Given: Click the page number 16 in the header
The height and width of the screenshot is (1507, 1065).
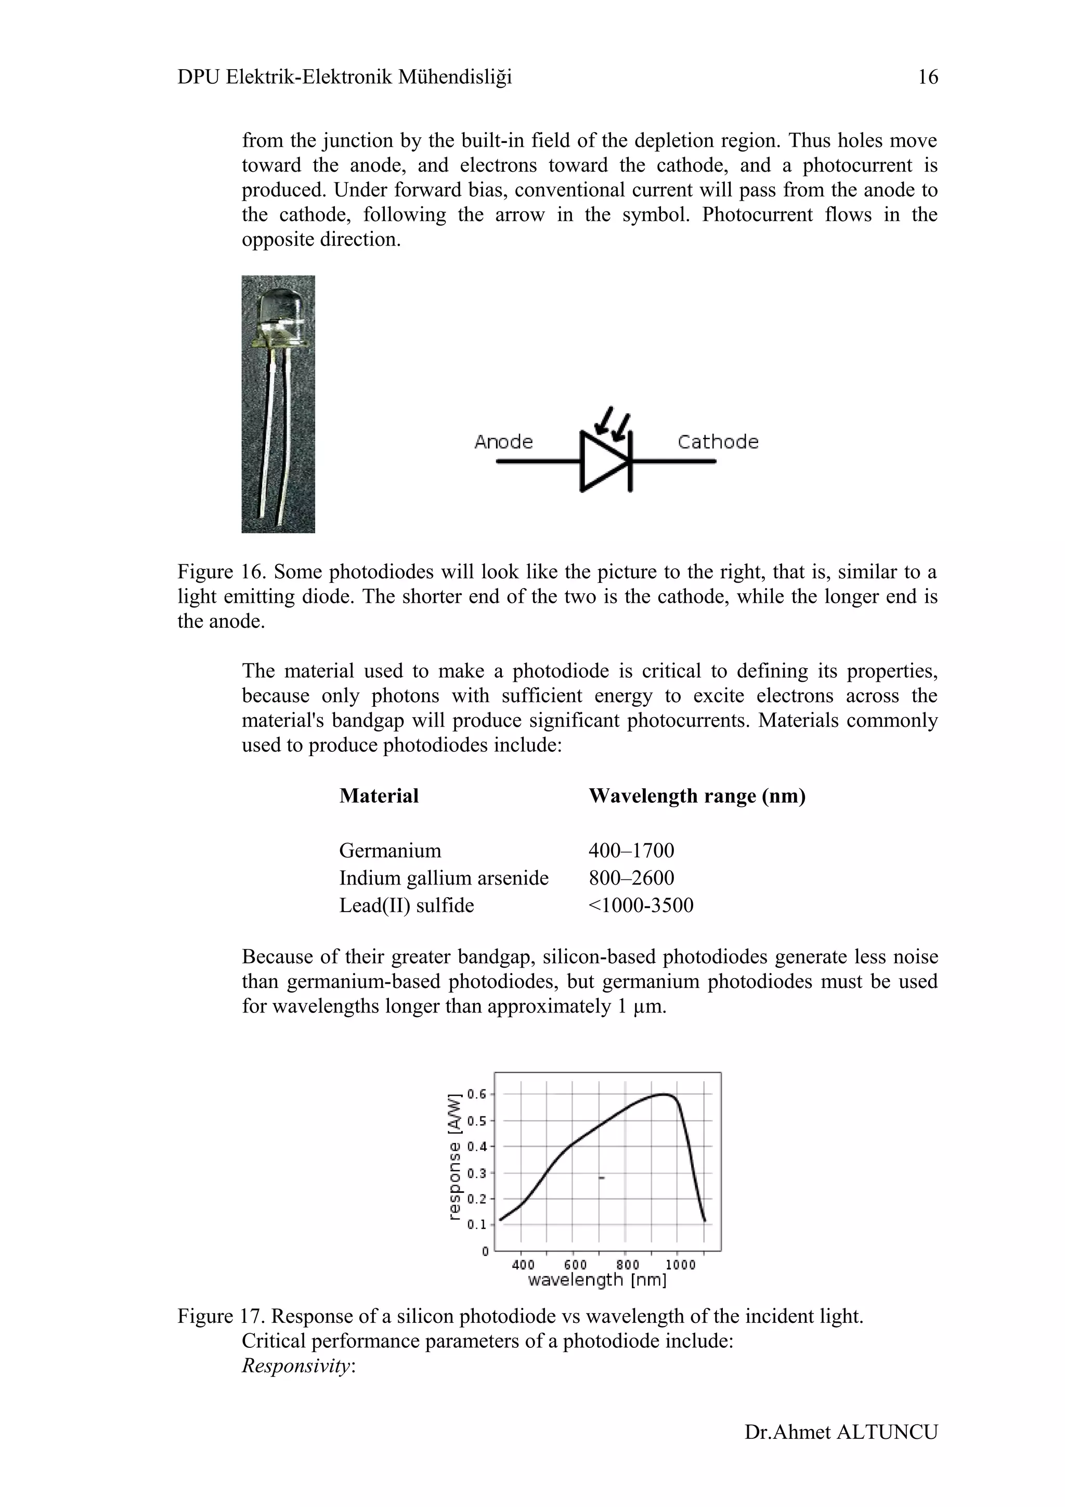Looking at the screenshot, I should tap(927, 77).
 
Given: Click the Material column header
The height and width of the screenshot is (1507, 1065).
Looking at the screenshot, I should tap(379, 796).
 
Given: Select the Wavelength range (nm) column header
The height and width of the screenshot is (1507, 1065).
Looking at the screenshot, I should tap(697, 796).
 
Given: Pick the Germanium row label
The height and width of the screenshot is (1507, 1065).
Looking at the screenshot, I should tap(390, 851).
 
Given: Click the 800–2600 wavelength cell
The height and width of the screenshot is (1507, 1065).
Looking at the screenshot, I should tap(631, 878).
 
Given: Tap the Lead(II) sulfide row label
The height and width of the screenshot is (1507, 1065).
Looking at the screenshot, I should tap(406, 905).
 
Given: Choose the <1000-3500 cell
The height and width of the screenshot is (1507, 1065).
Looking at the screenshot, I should tap(641, 905).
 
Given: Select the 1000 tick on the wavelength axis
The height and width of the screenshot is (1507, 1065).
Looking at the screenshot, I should tap(680, 1265).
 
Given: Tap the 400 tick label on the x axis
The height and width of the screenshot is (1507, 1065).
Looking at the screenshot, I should tap(523, 1265).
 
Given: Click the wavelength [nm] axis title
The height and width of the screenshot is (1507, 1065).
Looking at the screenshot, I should tap(596, 1280).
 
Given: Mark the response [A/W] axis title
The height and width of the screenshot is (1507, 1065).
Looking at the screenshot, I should tap(453, 1157).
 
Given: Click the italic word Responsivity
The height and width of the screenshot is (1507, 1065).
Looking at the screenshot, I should tap(296, 1366).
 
